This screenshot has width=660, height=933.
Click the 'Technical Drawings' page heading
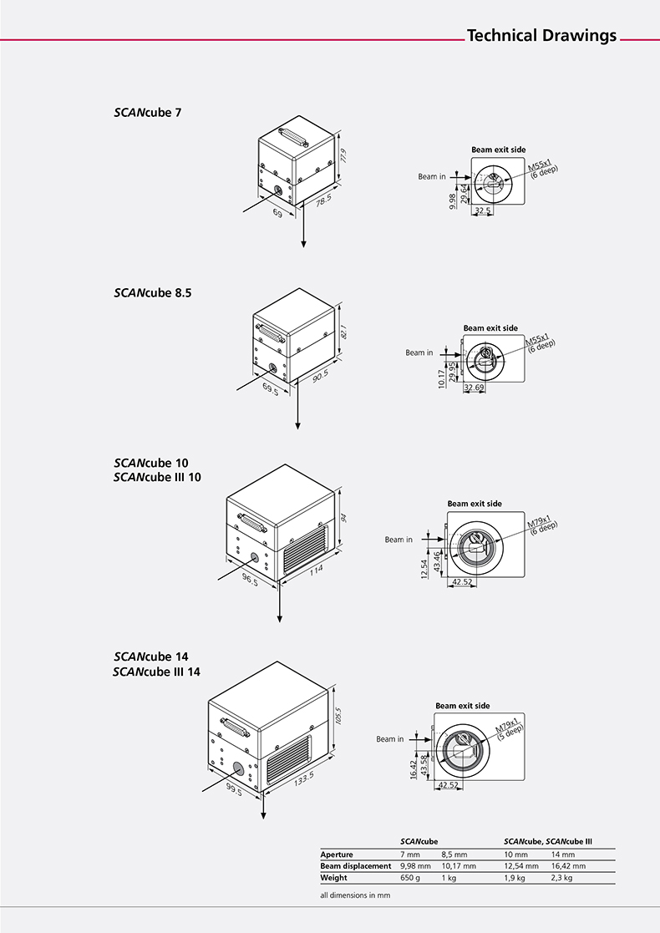coord(541,36)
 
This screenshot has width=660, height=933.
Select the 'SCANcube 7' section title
coord(147,112)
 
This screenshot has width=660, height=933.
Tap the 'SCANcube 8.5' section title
coord(153,293)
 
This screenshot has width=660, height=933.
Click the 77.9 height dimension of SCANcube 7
coord(343,156)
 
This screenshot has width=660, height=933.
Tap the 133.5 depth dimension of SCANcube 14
coord(302,779)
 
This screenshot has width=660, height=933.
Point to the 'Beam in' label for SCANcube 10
coord(399,540)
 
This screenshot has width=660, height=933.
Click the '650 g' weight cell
coord(411,878)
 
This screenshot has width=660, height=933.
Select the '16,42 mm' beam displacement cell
coord(568,866)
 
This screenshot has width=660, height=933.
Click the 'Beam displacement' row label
coord(356,866)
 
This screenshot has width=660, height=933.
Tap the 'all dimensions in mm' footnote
coord(355,895)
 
